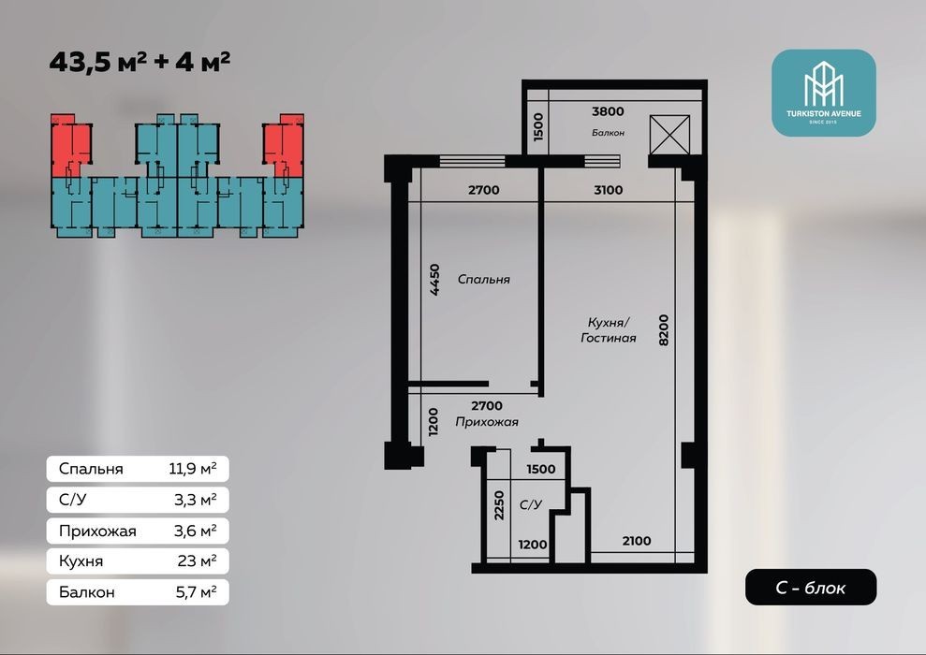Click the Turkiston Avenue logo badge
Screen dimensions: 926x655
823,93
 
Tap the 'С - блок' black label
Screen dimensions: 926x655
810,587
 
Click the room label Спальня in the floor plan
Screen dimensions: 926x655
484,279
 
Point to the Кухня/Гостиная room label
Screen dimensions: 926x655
609,330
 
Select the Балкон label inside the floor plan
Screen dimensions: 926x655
608,133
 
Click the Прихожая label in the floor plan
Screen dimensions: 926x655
487,422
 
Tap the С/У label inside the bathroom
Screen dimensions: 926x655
530,504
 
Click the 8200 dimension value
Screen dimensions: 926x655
664,330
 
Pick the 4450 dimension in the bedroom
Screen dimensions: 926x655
434,279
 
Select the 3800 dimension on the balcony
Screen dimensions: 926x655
608,111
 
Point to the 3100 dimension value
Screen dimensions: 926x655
609,190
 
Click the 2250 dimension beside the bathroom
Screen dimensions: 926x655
499,505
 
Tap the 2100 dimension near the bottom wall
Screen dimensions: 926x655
636,541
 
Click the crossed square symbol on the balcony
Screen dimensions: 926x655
669,135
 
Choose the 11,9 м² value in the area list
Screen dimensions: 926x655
193,469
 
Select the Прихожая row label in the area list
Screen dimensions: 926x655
97,531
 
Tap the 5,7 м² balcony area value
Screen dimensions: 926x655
196,591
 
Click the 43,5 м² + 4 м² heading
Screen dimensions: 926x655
140,62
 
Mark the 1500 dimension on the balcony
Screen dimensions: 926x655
537,127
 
